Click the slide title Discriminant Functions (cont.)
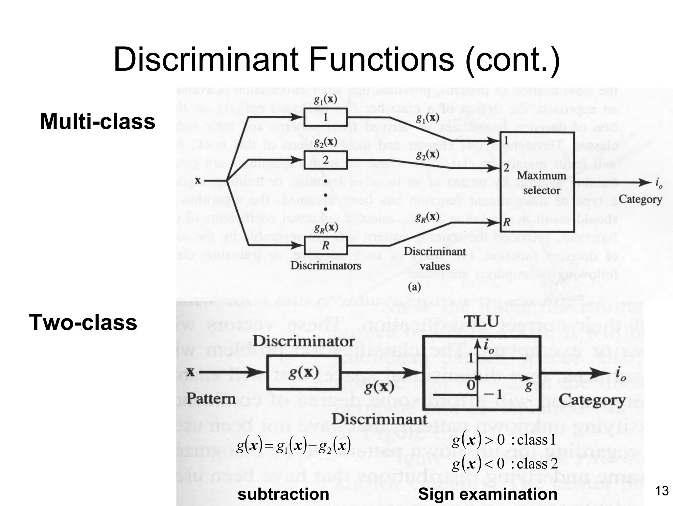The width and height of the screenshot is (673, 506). coord(336,60)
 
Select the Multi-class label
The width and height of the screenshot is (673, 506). coord(97,122)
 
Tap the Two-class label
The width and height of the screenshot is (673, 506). coord(83,322)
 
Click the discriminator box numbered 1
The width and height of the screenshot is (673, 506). coord(325,117)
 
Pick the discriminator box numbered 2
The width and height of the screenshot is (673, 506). coord(325,160)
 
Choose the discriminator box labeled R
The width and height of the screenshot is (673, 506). coord(325,245)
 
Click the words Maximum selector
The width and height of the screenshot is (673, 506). coord(541,183)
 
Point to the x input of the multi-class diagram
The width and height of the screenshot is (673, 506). coord(198,181)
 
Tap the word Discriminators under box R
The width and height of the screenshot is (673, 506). coord(325,266)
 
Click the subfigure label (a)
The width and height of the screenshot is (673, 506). coord(414,287)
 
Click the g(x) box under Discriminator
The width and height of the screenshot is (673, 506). coord(303,373)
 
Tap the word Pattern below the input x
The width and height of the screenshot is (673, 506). coord(211,399)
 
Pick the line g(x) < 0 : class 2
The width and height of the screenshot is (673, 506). coord(504,464)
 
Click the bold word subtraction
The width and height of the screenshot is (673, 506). coord(283,494)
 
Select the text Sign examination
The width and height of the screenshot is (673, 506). coord(487,494)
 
